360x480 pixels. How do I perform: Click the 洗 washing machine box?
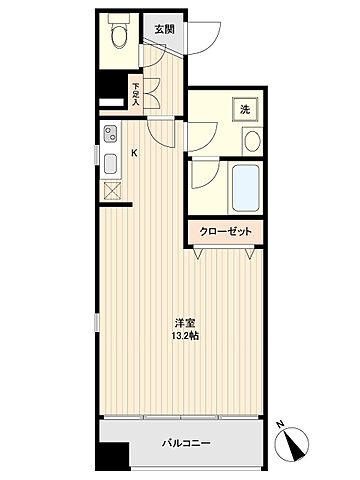(x=244, y=109)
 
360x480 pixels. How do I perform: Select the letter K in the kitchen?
(x=136, y=154)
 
